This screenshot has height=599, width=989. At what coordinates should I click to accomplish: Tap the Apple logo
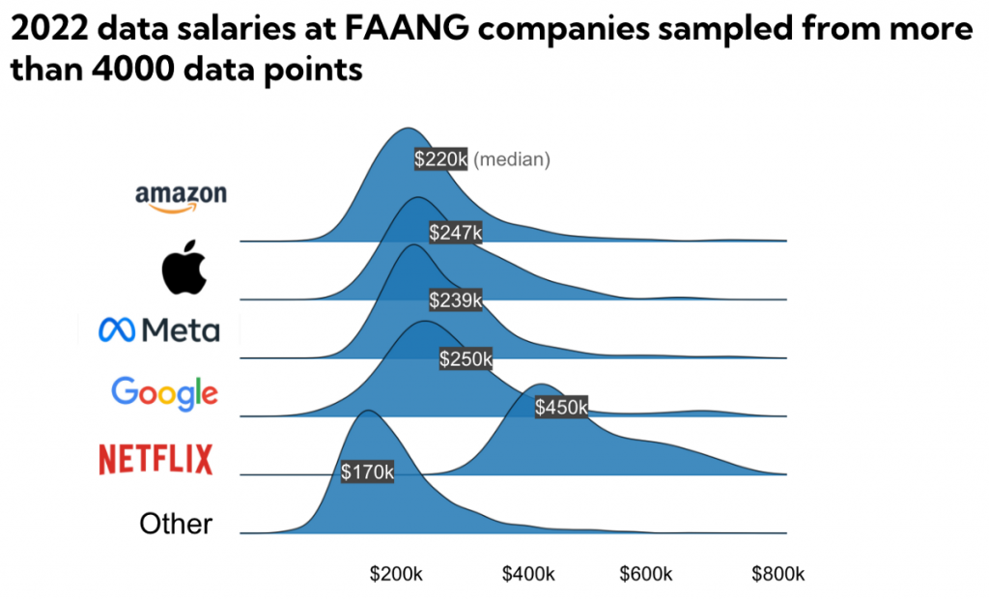pyautogui.click(x=184, y=268)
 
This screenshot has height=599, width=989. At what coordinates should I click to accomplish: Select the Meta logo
pyautogui.click(x=159, y=331)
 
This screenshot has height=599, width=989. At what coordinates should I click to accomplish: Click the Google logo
pyautogui.click(x=164, y=392)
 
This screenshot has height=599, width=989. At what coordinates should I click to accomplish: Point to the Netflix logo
pyautogui.click(x=155, y=459)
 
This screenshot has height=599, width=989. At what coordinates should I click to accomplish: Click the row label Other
pyautogui.click(x=176, y=524)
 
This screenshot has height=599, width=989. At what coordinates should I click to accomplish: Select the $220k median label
pyautogui.click(x=440, y=159)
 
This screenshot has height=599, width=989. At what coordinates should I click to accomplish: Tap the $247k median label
pyautogui.click(x=455, y=232)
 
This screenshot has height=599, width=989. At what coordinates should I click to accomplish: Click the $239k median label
pyautogui.click(x=455, y=299)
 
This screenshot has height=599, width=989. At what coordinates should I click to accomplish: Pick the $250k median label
pyautogui.click(x=466, y=359)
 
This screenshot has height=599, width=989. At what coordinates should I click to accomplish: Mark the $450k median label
pyautogui.click(x=561, y=407)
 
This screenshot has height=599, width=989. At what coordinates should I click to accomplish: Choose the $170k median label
pyautogui.click(x=367, y=471)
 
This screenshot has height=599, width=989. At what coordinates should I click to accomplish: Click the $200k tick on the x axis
pyautogui.click(x=396, y=574)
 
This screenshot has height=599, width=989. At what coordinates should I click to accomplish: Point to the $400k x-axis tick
pyautogui.click(x=528, y=574)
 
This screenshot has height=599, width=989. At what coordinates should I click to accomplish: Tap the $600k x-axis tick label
pyautogui.click(x=646, y=574)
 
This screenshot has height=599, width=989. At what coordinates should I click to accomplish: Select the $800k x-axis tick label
pyautogui.click(x=777, y=574)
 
